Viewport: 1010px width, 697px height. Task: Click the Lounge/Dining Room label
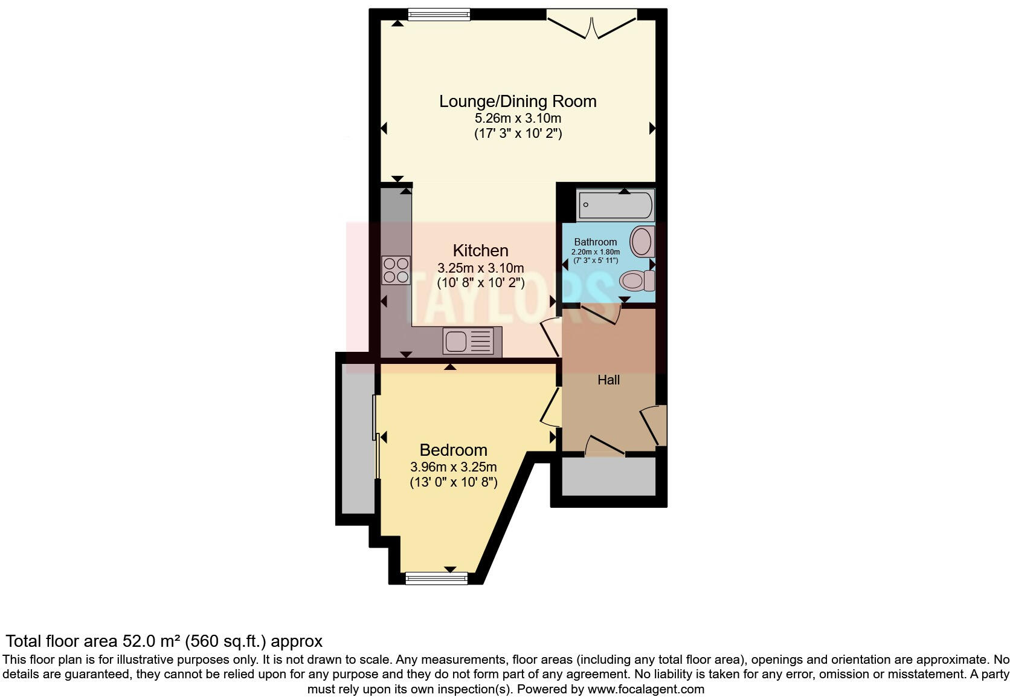point(518,102)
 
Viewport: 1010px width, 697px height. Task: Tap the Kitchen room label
point(480,250)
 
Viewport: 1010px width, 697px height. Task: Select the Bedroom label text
point(453,450)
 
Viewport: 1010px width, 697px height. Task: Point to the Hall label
point(608,380)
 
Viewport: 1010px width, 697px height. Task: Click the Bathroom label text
point(595,242)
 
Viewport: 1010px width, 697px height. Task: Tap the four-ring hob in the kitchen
point(396,270)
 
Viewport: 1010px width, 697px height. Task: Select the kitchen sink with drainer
point(472,342)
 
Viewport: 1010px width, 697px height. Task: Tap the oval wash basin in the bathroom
point(642,241)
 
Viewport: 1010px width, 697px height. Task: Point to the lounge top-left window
point(439,15)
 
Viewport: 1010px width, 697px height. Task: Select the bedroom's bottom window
point(436,579)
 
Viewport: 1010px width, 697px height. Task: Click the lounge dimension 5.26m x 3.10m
point(518,118)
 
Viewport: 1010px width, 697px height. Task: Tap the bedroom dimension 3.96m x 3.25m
point(453,467)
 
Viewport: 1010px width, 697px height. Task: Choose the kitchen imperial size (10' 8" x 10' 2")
point(480,282)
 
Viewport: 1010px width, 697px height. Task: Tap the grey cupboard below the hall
point(608,477)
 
